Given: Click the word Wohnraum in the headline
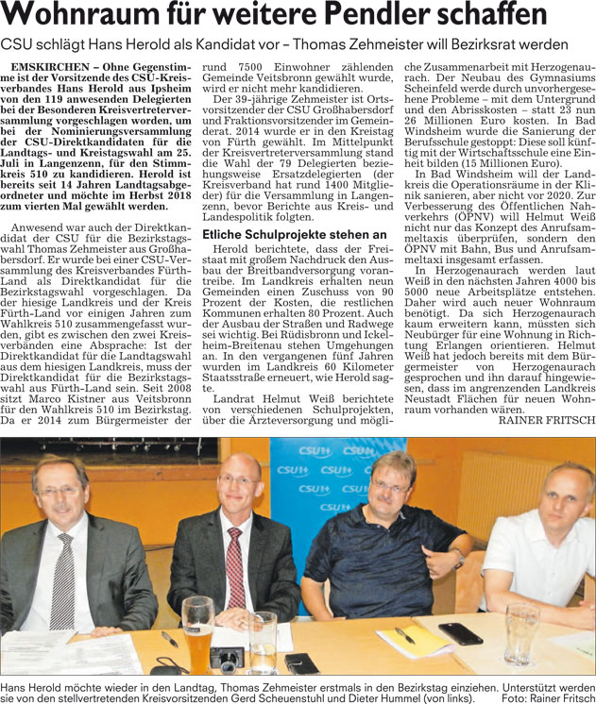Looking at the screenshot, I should click(81, 16).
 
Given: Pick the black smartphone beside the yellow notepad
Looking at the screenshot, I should click(462, 633).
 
